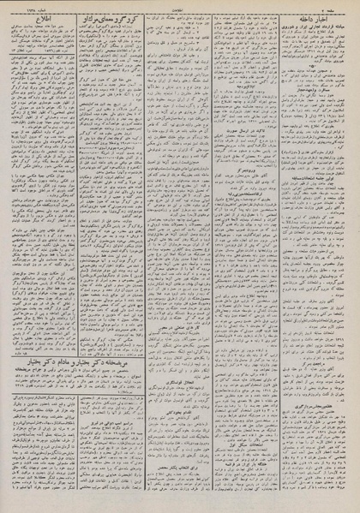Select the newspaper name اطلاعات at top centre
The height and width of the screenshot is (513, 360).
(181, 4)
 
